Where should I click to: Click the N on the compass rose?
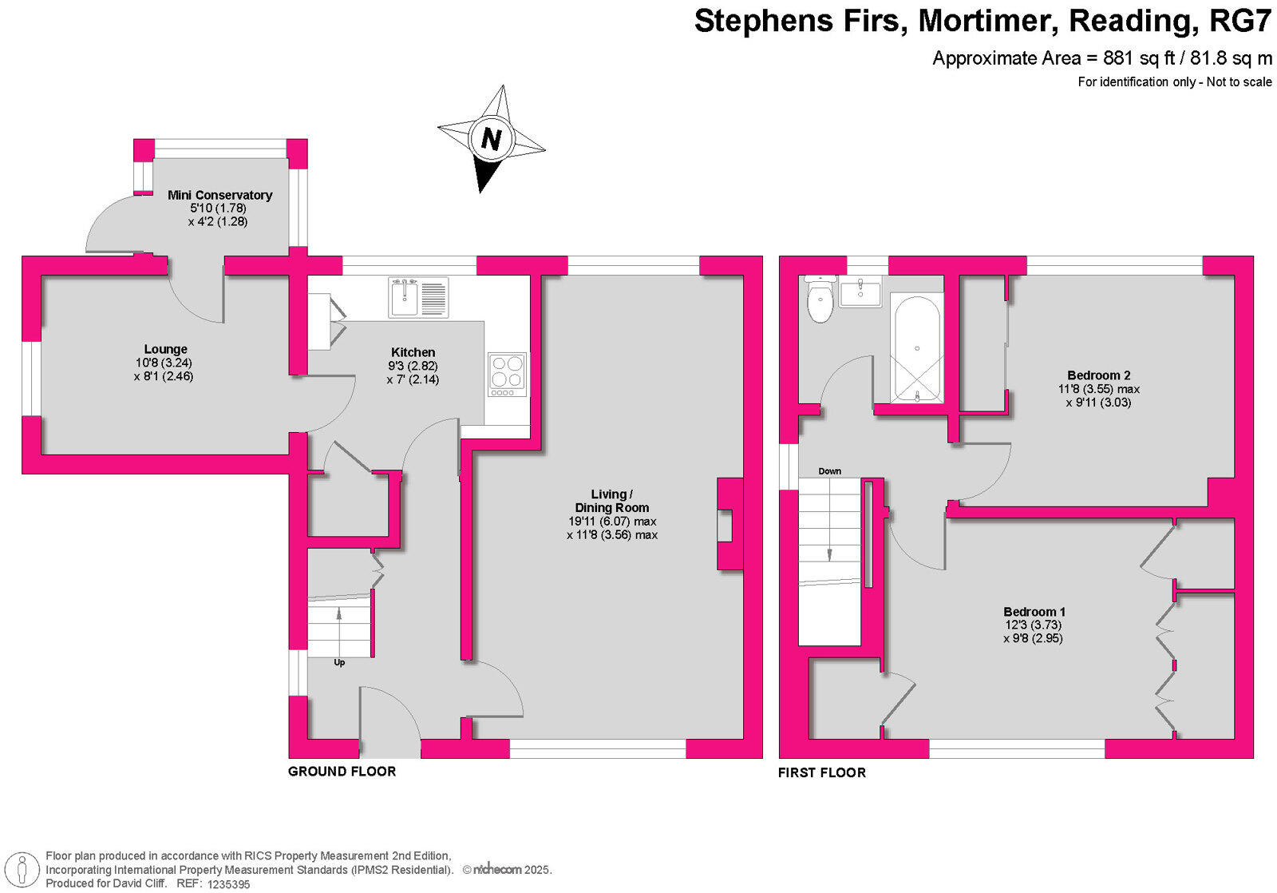point(491,140)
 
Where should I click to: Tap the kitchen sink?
point(418,297)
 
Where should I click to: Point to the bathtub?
point(917,350)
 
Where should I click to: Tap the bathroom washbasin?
point(860,293)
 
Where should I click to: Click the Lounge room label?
point(165,349)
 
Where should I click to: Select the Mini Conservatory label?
point(219,195)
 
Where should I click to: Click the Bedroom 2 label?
point(1098,375)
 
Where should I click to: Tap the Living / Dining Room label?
point(612,501)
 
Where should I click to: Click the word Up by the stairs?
point(339,663)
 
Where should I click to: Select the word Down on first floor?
point(829,471)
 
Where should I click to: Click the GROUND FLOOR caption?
point(342,772)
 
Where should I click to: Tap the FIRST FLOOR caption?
point(821,772)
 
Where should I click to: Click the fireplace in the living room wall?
point(728,524)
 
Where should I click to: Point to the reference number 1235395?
point(228,884)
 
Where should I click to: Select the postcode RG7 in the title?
point(1239,21)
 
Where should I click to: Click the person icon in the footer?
point(24,870)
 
